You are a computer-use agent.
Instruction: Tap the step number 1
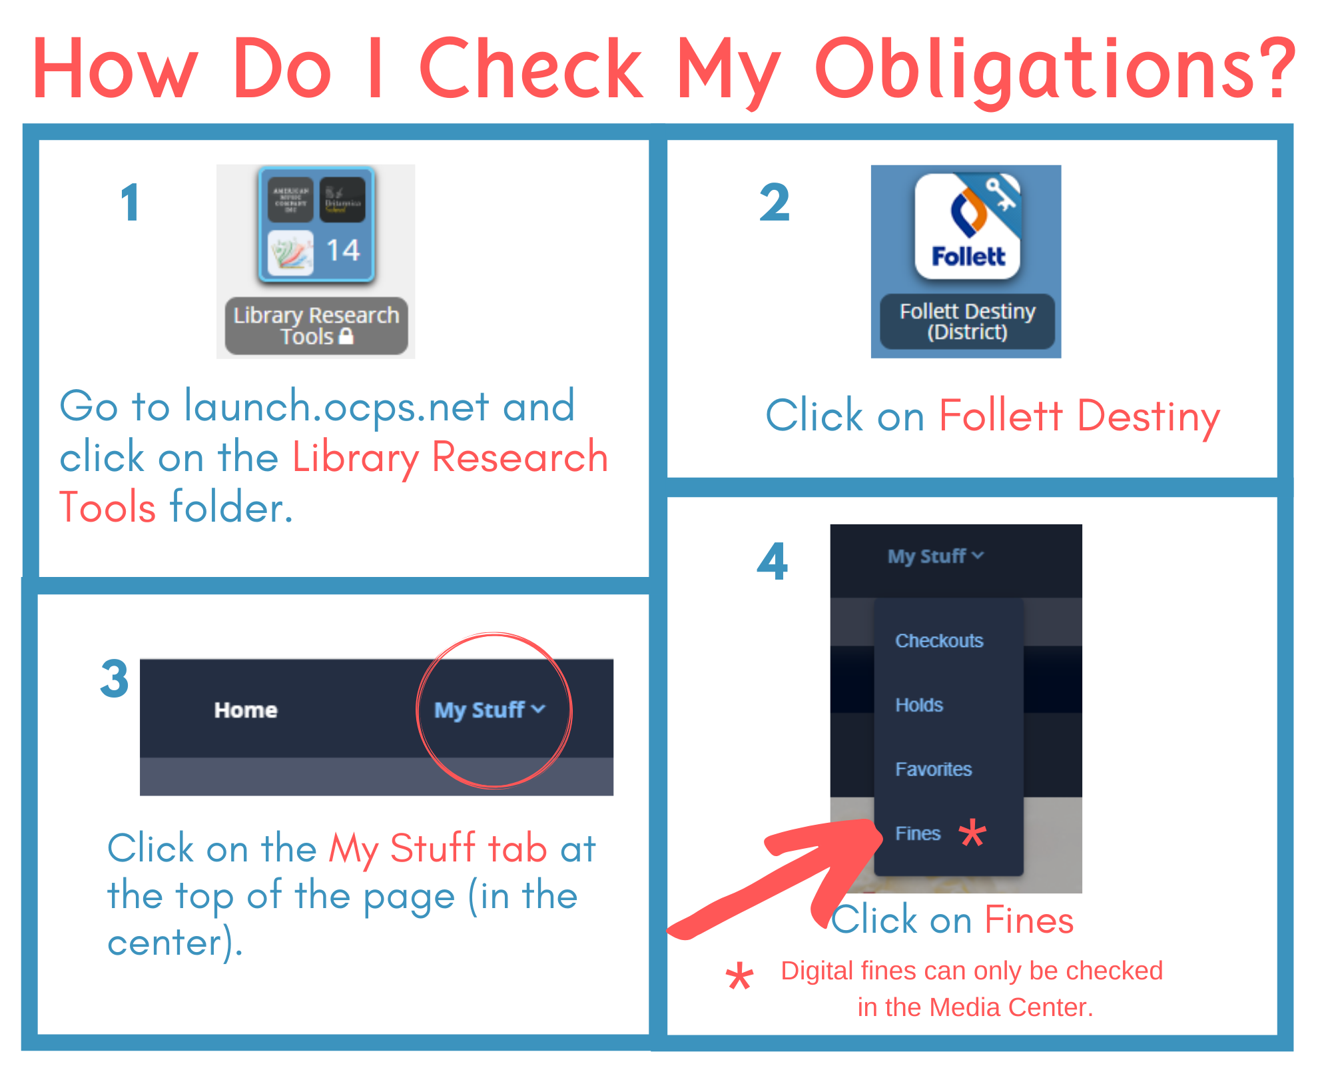pos(131,203)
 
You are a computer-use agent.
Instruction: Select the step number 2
pos(775,203)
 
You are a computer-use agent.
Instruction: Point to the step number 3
pos(114,679)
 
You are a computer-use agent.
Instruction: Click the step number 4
pos(773,562)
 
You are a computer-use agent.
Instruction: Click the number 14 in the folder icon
pos(343,251)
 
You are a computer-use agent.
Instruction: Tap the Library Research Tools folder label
pos(316,325)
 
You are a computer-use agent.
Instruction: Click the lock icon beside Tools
pos(346,336)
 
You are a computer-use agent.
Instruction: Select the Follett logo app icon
pos(968,227)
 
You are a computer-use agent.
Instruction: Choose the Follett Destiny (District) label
pos(968,321)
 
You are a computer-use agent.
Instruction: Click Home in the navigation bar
pos(246,710)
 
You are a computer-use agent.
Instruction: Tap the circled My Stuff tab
pos(490,710)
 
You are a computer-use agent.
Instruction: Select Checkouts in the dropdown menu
pos(939,641)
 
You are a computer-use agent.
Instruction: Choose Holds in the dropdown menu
pos(919,705)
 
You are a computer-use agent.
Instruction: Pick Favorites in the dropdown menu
pos(933,770)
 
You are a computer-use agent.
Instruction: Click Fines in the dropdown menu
pos(918,833)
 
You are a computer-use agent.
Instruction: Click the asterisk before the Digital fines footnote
pos(739,977)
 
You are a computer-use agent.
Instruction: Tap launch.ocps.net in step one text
pos(337,406)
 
